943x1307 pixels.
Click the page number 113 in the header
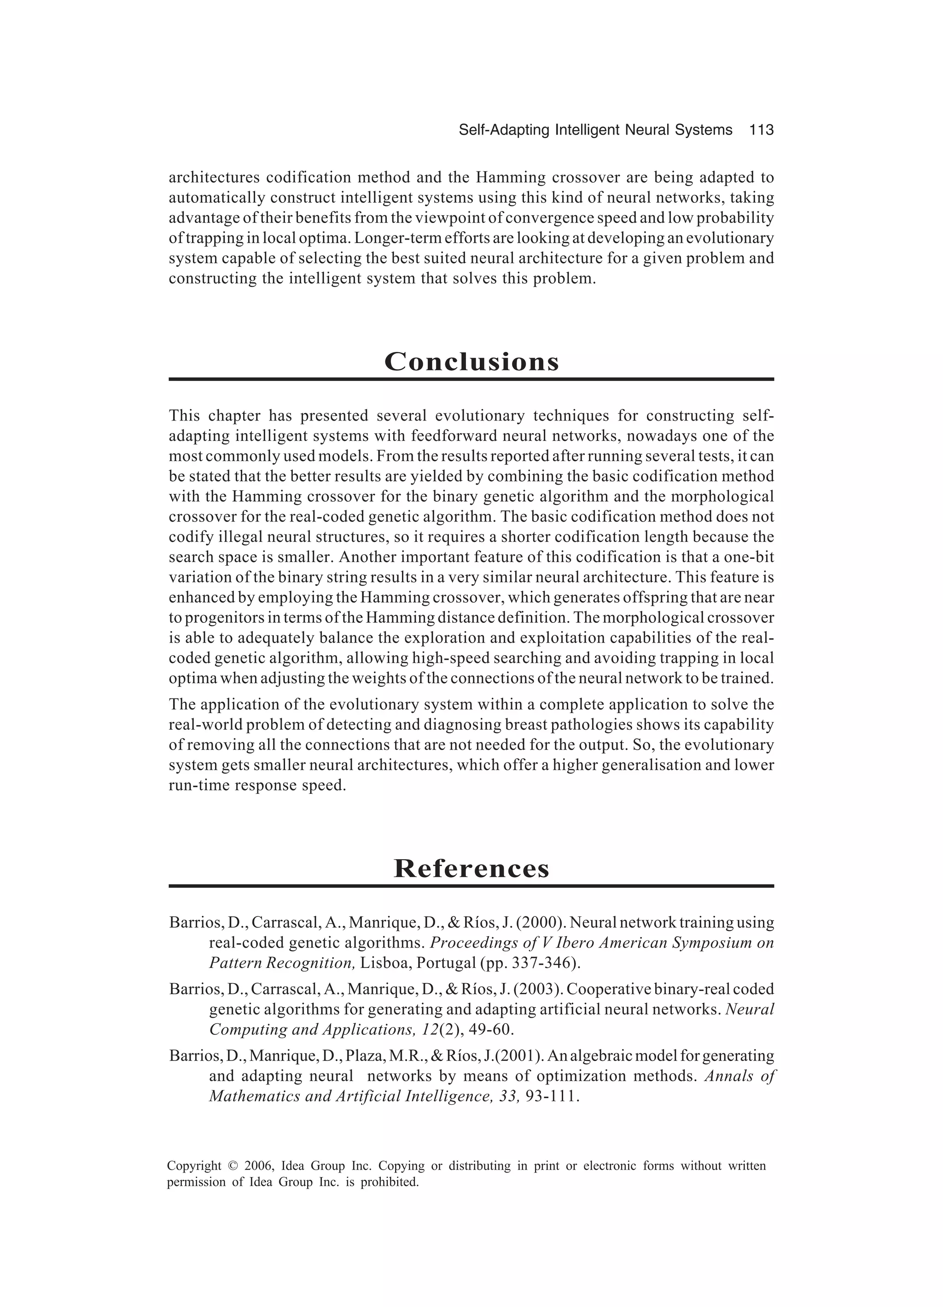click(x=761, y=130)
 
